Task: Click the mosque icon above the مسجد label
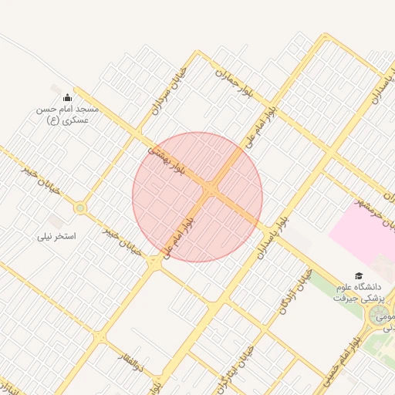(67, 97)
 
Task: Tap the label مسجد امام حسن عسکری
(64, 115)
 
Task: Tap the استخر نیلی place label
(57, 236)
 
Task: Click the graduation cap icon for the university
(358, 275)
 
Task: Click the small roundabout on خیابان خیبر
(79, 208)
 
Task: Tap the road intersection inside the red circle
(211, 189)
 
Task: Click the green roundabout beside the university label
(380, 314)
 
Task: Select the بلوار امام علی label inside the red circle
(179, 231)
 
